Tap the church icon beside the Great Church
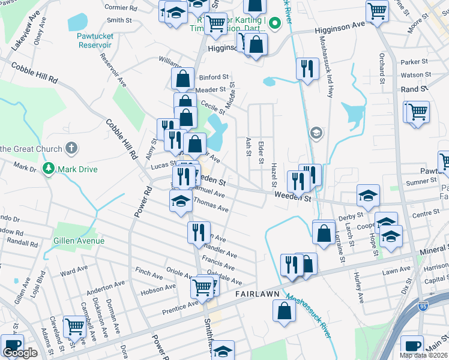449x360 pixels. tap(71, 148)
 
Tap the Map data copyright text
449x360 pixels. tap(424, 355)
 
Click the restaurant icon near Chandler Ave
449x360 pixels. tap(199, 232)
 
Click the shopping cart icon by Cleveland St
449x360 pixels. tap(75, 326)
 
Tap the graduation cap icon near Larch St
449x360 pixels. tap(368, 194)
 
